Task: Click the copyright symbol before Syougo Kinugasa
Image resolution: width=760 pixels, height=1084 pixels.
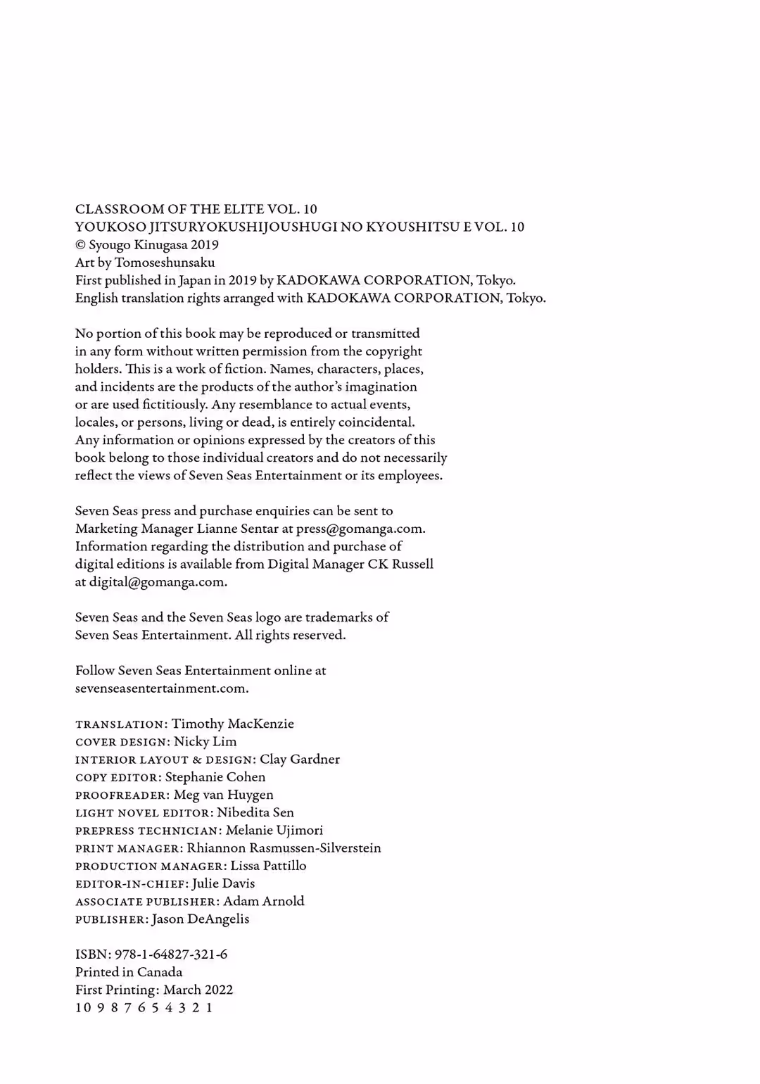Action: pyautogui.click(x=80, y=245)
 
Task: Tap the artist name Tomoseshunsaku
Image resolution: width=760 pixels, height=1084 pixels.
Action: pyautogui.click(x=165, y=263)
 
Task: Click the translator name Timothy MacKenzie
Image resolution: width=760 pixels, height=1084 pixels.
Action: pyautogui.click(x=233, y=724)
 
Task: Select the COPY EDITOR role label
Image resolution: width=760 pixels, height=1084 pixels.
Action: pyautogui.click(x=118, y=778)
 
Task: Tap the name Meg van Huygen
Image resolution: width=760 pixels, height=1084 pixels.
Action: pyautogui.click(x=223, y=795)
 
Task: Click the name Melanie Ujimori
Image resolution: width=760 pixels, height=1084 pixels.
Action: pyautogui.click(x=274, y=830)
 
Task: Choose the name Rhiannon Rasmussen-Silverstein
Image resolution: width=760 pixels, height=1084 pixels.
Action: pyautogui.click(x=284, y=848)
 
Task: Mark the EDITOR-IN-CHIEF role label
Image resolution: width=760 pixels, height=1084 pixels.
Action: pyautogui.click(x=131, y=884)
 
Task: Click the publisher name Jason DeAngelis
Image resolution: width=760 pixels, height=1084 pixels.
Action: pyautogui.click(x=200, y=919)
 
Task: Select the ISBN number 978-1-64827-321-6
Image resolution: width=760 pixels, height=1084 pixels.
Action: pyautogui.click(x=171, y=954)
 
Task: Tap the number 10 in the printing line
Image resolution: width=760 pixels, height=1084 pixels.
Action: pyautogui.click(x=83, y=1007)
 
